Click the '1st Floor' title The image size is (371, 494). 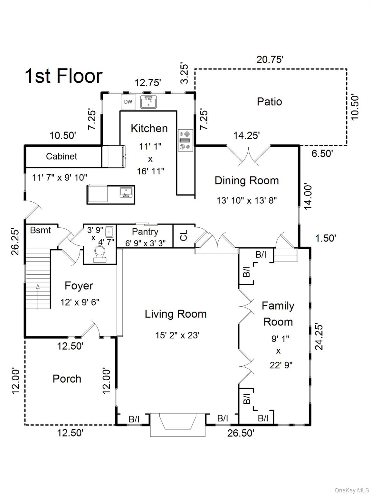click(x=63, y=76)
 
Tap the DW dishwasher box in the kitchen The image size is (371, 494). click(x=128, y=102)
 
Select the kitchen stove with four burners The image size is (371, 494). click(x=185, y=140)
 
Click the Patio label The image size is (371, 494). click(x=269, y=102)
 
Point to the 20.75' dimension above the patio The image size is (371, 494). click(x=270, y=59)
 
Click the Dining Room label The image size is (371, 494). click(x=247, y=180)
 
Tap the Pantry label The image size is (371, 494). click(x=145, y=232)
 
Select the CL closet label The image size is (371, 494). click(x=184, y=236)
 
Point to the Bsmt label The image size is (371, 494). click(x=41, y=230)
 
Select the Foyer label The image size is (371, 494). click(x=79, y=286)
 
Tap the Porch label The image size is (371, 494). click(x=67, y=379)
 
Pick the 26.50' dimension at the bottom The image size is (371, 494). click(x=241, y=433)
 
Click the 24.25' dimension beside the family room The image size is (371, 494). click(x=319, y=336)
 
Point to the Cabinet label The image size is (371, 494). click(x=62, y=156)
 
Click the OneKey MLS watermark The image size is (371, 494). click(x=351, y=490)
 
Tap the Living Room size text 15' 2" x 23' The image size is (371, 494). click(x=177, y=335)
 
